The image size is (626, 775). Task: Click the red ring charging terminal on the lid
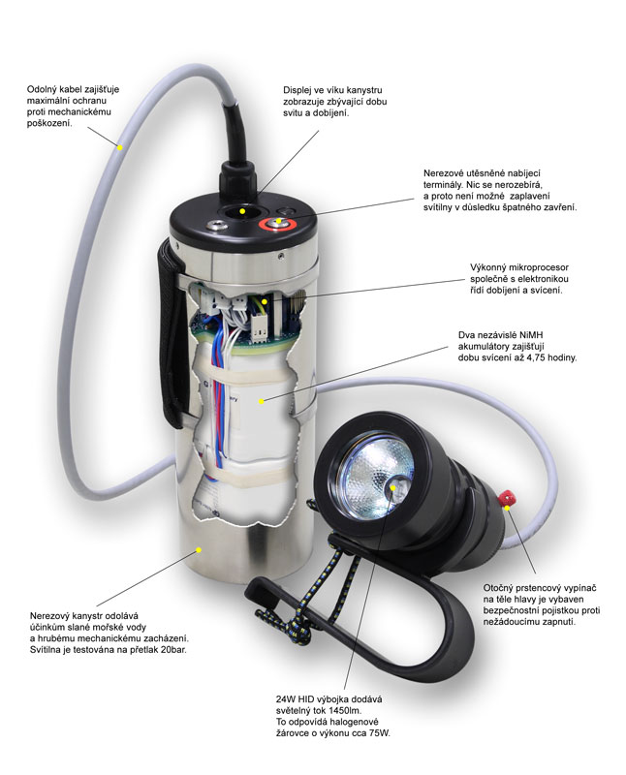tap(279, 225)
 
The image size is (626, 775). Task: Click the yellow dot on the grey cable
tap(119, 147)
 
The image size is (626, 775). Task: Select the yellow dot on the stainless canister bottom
tap(199, 548)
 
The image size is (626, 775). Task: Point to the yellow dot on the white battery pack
tap(262, 401)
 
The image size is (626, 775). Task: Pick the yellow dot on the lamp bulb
tap(394, 487)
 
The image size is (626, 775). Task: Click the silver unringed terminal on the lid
tap(216, 226)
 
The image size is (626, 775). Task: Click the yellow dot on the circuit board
tap(266, 301)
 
